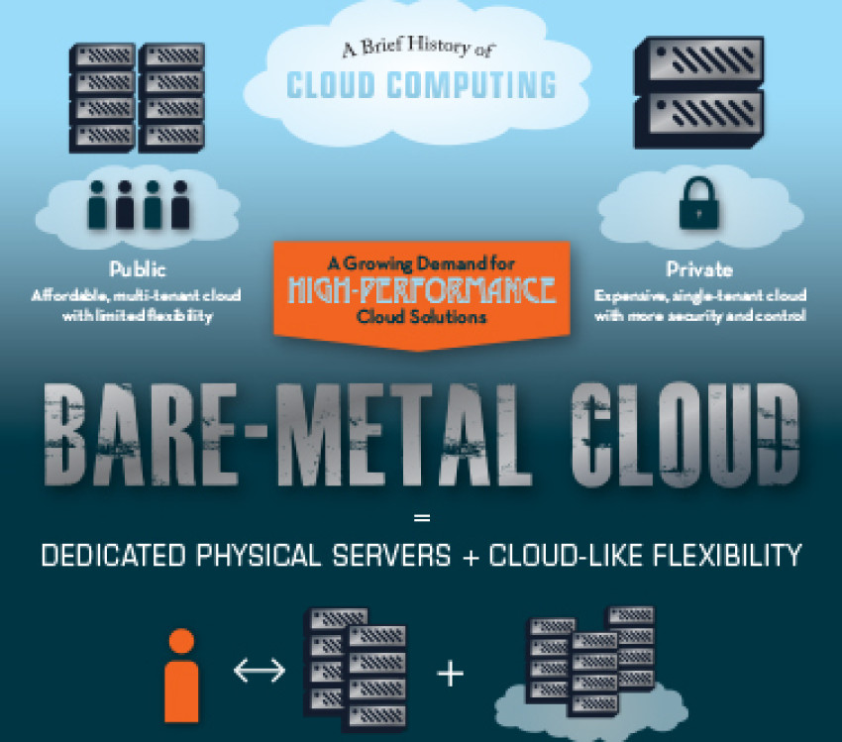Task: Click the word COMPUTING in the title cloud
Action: click(x=474, y=85)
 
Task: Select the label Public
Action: click(x=139, y=269)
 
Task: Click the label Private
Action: click(x=700, y=269)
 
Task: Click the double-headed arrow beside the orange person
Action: click(x=259, y=672)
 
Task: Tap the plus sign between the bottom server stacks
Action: click(x=451, y=675)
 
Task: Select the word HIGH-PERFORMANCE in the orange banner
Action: click(x=421, y=291)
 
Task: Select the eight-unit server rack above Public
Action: click(x=137, y=97)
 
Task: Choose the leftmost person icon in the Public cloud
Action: click(x=97, y=203)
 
